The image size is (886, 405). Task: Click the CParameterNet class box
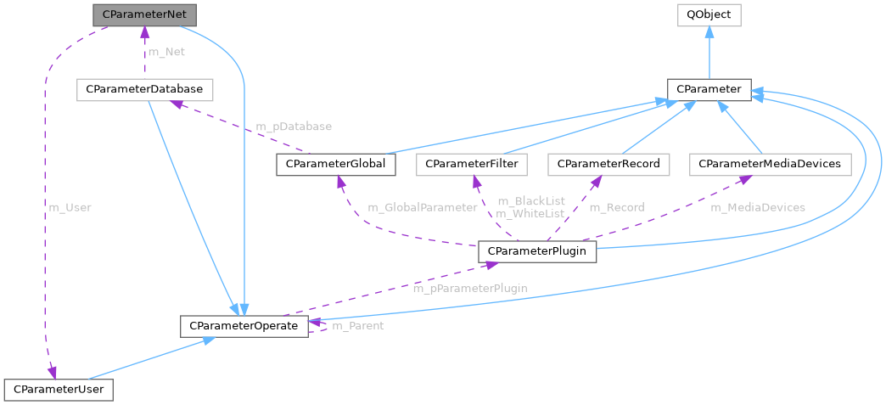point(144,14)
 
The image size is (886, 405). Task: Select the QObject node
point(709,14)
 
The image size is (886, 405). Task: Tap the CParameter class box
point(709,90)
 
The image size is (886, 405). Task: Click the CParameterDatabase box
point(144,90)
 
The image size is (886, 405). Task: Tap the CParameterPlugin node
point(537,250)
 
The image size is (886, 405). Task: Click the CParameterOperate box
point(244,326)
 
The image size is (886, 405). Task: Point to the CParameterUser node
point(59,390)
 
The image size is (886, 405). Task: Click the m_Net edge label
point(166,52)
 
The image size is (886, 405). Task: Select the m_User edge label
point(70,206)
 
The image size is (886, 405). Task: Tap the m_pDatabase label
point(294,127)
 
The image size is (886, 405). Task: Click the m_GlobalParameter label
point(422,206)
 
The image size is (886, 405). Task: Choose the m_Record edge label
point(616,206)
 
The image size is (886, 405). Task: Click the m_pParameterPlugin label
point(469,288)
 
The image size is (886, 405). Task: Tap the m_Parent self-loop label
point(357,326)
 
